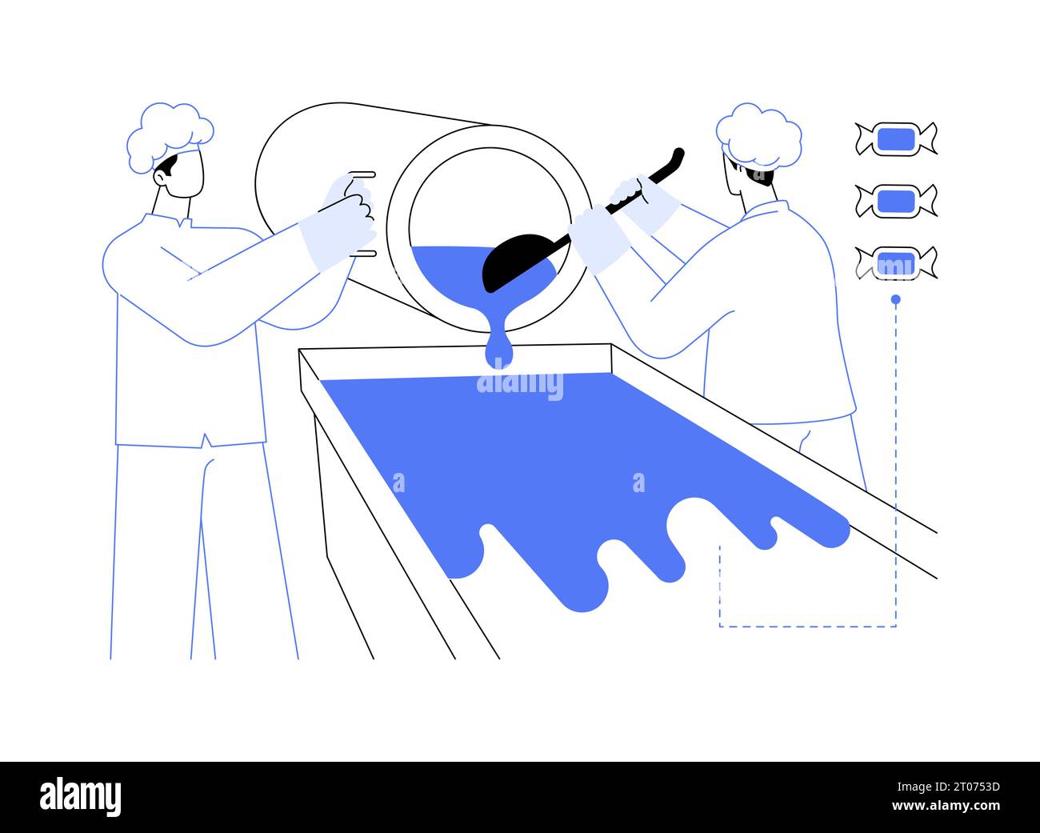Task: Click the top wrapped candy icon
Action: coord(896,139)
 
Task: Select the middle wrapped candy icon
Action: coord(896,201)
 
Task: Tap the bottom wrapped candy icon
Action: coord(896,263)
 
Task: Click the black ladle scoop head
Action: coord(517,261)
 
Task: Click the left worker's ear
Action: coord(160,178)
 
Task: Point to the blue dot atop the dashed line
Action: coord(895,300)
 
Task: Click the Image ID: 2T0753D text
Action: coord(948,787)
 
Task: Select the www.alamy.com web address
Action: coord(946,806)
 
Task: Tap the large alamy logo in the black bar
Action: coord(80,797)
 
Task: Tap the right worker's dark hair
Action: coord(756,175)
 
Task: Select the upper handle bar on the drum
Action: coord(362,174)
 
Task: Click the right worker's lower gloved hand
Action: coord(599,238)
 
